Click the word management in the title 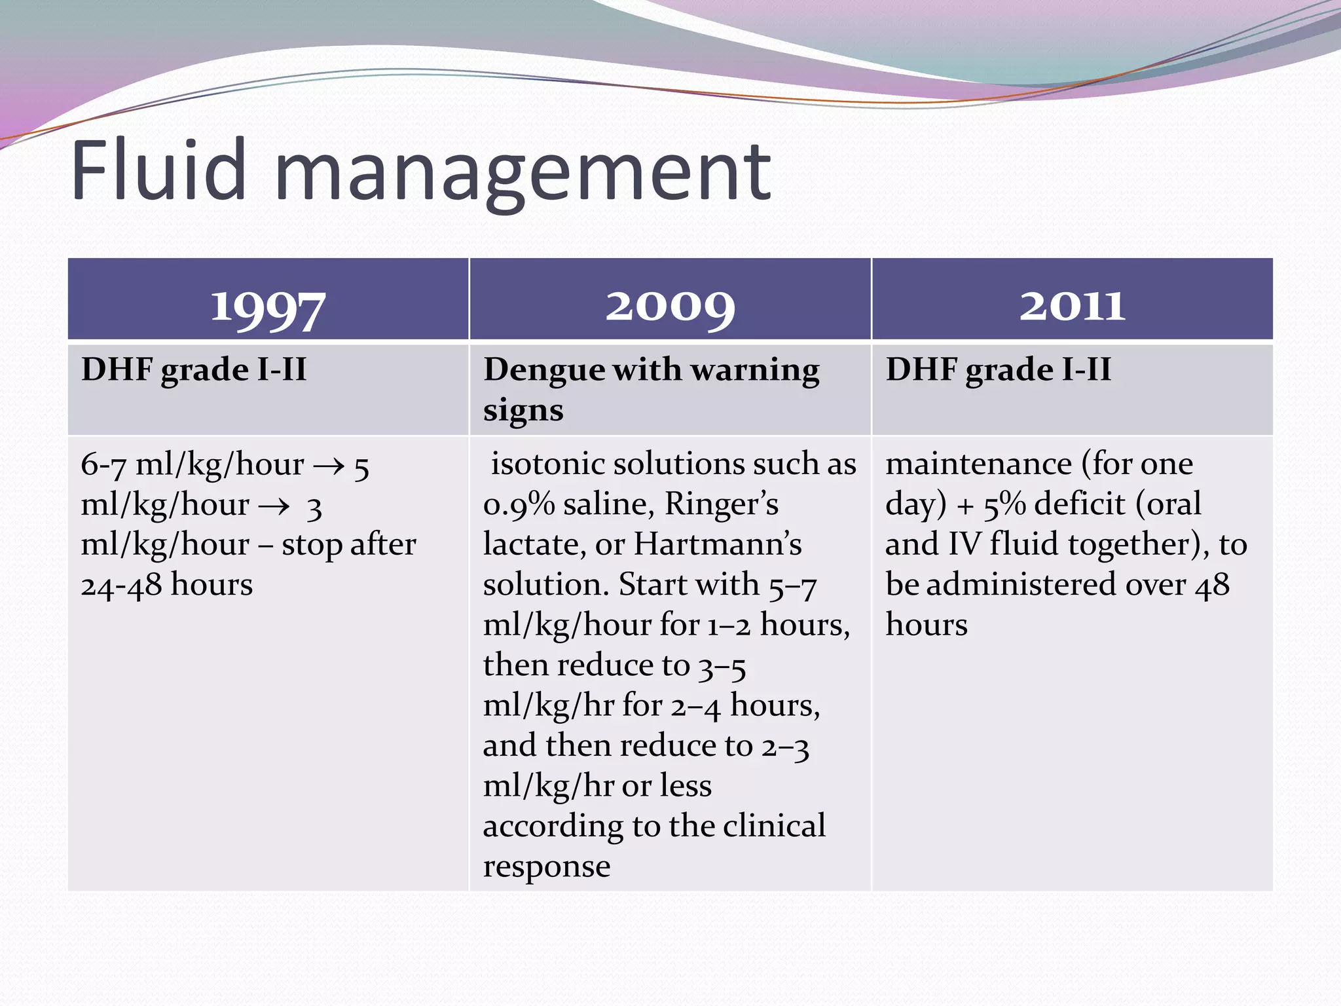pyautogui.click(x=523, y=174)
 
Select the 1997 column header pyautogui.click(x=268, y=306)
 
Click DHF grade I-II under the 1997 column pyautogui.click(x=194, y=369)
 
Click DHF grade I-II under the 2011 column pyautogui.click(x=999, y=369)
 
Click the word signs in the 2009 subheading pyautogui.click(x=523, y=411)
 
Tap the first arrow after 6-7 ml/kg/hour pyautogui.click(x=329, y=466)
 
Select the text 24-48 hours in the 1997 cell pyautogui.click(x=166, y=585)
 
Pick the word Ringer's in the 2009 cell pyautogui.click(x=722, y=504)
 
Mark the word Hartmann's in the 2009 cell pyautogui.click(x=718, y=544)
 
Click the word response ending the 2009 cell pyautogui.click(x=547, y=867)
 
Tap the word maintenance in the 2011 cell pyautogui.click(x=978, y=464)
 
